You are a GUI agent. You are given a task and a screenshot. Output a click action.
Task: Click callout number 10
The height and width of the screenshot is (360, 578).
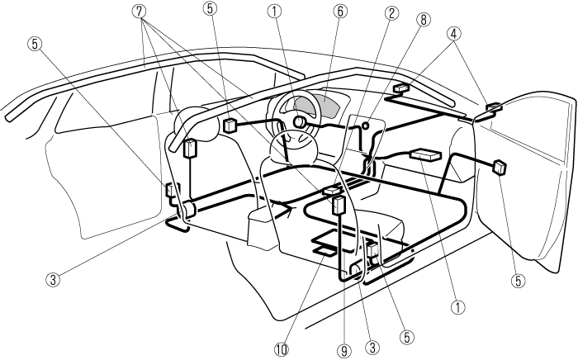click(282, 348)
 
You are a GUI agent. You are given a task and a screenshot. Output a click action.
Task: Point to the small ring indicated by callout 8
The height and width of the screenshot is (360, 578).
click(364, 126)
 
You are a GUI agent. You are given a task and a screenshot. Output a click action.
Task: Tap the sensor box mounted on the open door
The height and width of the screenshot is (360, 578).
click(499, 166)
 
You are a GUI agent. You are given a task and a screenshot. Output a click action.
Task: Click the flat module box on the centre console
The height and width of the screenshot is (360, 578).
click(427, 154)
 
